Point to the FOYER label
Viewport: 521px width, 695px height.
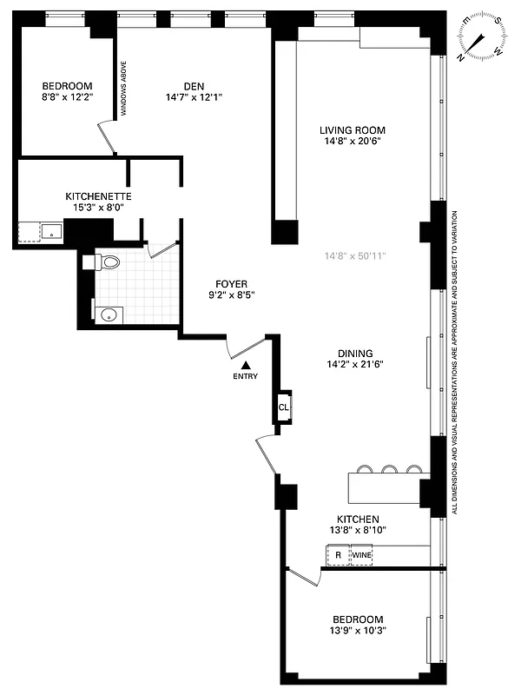(232, 284)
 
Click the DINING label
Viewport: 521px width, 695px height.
(355, 354)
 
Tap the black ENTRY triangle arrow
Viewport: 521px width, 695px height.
(247, 366)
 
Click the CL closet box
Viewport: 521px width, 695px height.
(283, 407)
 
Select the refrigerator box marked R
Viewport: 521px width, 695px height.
(337, 554)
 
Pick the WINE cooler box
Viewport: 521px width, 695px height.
(361, 554)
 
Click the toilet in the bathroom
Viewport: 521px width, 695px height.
(108, 261)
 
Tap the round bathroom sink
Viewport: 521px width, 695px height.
(109, 314)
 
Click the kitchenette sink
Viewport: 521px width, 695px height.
(52, 232)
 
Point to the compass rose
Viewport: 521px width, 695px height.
(483, 38)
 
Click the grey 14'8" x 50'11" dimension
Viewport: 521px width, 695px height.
(354, 256)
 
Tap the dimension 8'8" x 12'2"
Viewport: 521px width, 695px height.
(67, 97)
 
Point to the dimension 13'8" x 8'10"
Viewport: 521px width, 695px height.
(353, 531)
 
